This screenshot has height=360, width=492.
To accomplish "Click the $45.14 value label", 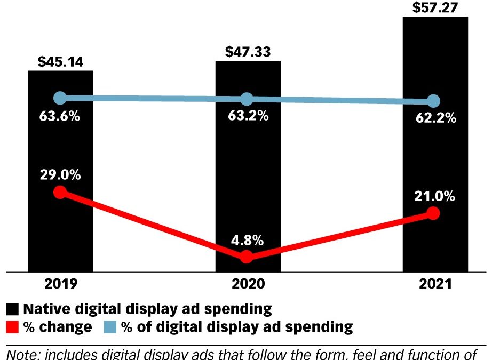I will pos(60,61).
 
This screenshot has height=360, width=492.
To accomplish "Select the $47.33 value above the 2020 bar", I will pos(247,52).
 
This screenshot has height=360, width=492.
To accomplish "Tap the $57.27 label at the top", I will pos(434,7).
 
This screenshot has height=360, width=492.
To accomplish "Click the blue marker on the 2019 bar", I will pos(61,98).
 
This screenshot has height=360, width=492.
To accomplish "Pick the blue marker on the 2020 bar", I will pos(247,99).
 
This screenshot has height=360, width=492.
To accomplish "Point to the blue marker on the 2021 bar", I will pos(434,101).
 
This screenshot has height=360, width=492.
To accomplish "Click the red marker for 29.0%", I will pos(61,192).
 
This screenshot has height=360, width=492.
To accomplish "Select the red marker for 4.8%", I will pos(247,257).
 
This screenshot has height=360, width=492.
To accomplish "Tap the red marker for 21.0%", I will pos(433,213).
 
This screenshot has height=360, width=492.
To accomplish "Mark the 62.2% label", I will pos(435,118).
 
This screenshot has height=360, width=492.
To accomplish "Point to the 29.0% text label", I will pos(60,175).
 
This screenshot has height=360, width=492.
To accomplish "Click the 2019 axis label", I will pos(60,284).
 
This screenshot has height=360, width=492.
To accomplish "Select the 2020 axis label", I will pos(247,284).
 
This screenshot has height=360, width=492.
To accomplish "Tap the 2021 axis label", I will pos(434,284).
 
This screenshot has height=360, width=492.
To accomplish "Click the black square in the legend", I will pos(13,309).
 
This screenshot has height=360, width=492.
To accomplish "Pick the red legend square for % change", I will pos(13,326).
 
